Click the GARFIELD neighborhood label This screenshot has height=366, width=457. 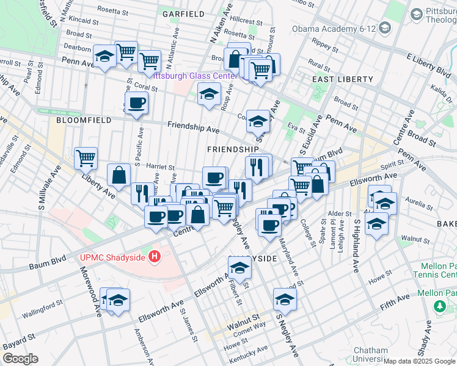click(182, 13)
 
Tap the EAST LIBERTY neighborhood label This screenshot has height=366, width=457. click(342, 79)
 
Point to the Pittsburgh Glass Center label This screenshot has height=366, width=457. click(194, 76)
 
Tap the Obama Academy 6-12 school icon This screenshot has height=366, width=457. click(385, 27)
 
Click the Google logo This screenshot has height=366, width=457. click(20, 358)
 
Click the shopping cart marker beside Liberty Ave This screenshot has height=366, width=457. click(86, 158)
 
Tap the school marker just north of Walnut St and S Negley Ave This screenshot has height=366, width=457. click(285, 299)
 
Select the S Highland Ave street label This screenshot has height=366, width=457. click(353, 244)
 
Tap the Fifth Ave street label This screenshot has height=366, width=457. click(396, 298)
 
